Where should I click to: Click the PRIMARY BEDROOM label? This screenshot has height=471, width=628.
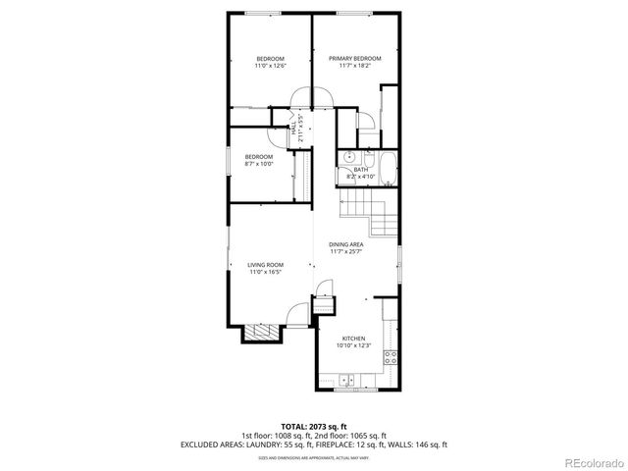click(354, 59)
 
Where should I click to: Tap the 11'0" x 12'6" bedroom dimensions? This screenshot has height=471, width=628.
click(270, 67)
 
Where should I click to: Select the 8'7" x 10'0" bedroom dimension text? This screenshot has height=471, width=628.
click(258, 164)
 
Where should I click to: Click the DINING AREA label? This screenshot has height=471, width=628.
click(345, 244)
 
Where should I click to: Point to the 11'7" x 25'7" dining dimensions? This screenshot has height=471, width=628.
click(345, 252)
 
